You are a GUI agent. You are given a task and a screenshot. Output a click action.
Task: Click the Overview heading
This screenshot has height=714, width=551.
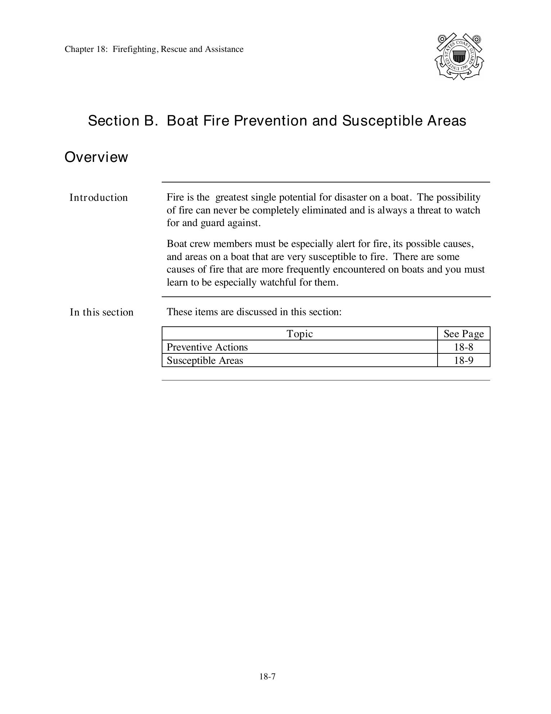click(x=96, y=157)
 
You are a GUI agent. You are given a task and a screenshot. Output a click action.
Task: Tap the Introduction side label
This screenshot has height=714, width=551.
click(x=99, y=198)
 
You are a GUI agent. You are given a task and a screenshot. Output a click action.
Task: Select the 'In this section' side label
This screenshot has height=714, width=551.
click(x=102, y=312)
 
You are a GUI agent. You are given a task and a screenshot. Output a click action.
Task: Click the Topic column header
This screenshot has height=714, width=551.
click(x=300, y=334)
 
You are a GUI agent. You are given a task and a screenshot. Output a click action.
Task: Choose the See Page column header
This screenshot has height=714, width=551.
click(x=463, y=334)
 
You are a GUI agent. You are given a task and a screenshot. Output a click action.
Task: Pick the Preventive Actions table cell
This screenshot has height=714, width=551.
click(x=207, y=347)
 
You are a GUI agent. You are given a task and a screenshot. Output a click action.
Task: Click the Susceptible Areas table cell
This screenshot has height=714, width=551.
click(x=205, y=361)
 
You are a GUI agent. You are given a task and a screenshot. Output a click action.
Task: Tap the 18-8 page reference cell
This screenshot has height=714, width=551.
click(x=463, y=347)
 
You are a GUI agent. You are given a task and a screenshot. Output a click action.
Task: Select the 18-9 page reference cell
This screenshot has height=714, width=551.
click(x=463, y=361)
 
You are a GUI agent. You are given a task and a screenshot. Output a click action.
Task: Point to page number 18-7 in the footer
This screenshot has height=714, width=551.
click(x=267, y=677)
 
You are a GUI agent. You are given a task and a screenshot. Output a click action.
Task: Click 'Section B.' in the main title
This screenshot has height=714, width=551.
click(x=123, y=121)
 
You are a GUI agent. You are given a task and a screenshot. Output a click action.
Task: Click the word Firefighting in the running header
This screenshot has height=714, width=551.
click(x=135, y=49)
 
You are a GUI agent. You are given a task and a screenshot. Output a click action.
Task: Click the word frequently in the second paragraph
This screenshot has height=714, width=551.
click(x=308, y=270)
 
